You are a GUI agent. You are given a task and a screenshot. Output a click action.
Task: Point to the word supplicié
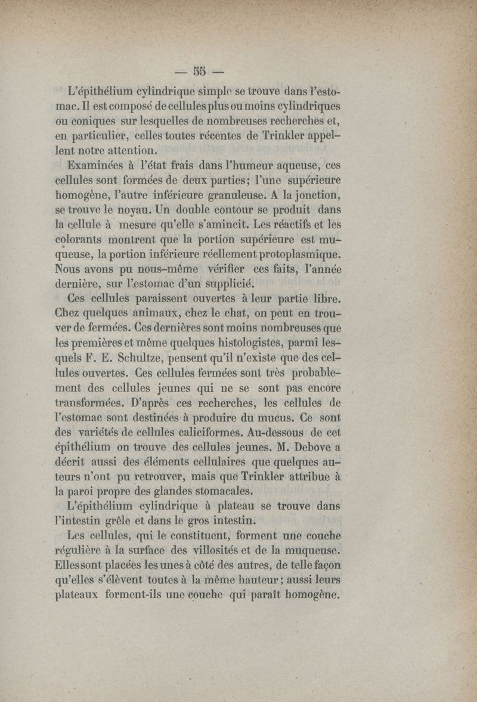(221, 282)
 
